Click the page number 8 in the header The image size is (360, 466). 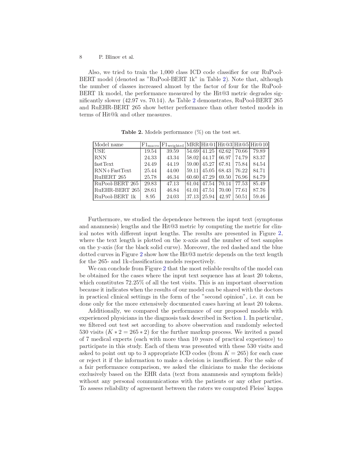point(81,57)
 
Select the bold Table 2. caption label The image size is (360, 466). point(132,132)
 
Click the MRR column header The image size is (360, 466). point(193,145)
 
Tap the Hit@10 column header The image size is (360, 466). point(259,145)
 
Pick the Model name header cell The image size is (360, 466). point(109,145)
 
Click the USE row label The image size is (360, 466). point(100,151)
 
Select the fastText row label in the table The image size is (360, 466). point(104,164)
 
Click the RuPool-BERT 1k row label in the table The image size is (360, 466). point(115,197)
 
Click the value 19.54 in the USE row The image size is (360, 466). point(150,151)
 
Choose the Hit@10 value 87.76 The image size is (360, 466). point(259,190)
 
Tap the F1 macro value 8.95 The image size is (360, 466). point(150,197)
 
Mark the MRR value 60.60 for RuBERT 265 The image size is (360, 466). point(193,177)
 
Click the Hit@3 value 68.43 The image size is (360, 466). point(225,171)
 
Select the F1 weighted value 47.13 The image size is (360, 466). point(173,184)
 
